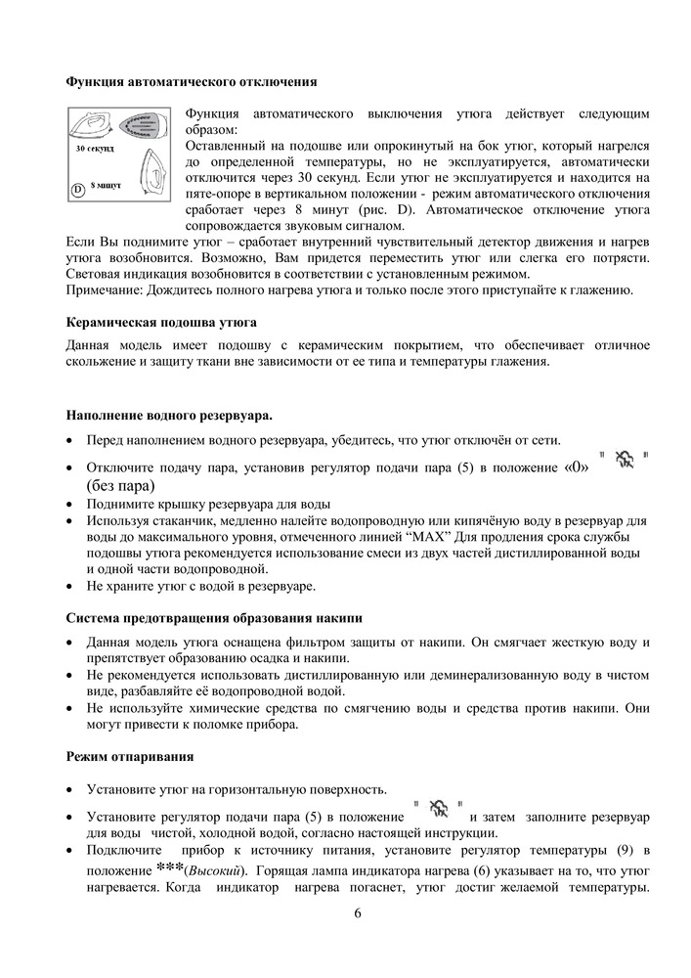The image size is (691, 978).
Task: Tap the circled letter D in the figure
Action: pos(76,188)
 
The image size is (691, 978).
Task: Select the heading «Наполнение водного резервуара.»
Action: pos(168,416)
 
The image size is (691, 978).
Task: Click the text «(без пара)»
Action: pos(121,485)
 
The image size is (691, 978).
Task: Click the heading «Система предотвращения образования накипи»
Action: pos(214,618)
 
